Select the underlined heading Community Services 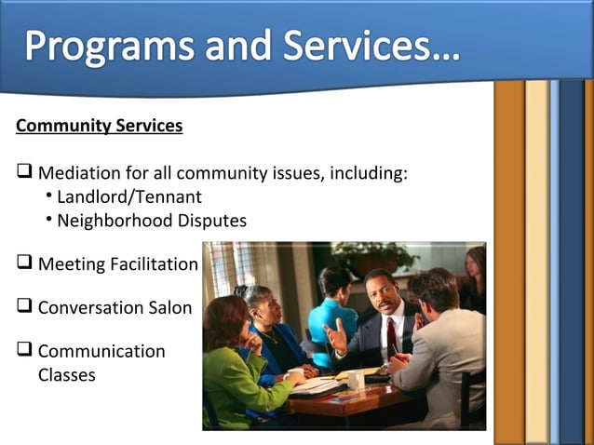tap(100, 126)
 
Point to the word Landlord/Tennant tap(129, 196)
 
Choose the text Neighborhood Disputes tap(152, 221)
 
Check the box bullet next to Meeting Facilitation tap(25, 263)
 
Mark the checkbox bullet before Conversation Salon tap(25, 306)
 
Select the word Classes tap(66, 375)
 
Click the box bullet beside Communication tap(25, 350)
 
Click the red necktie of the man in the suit tap(392, 335)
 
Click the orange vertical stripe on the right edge tap(508, 261)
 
